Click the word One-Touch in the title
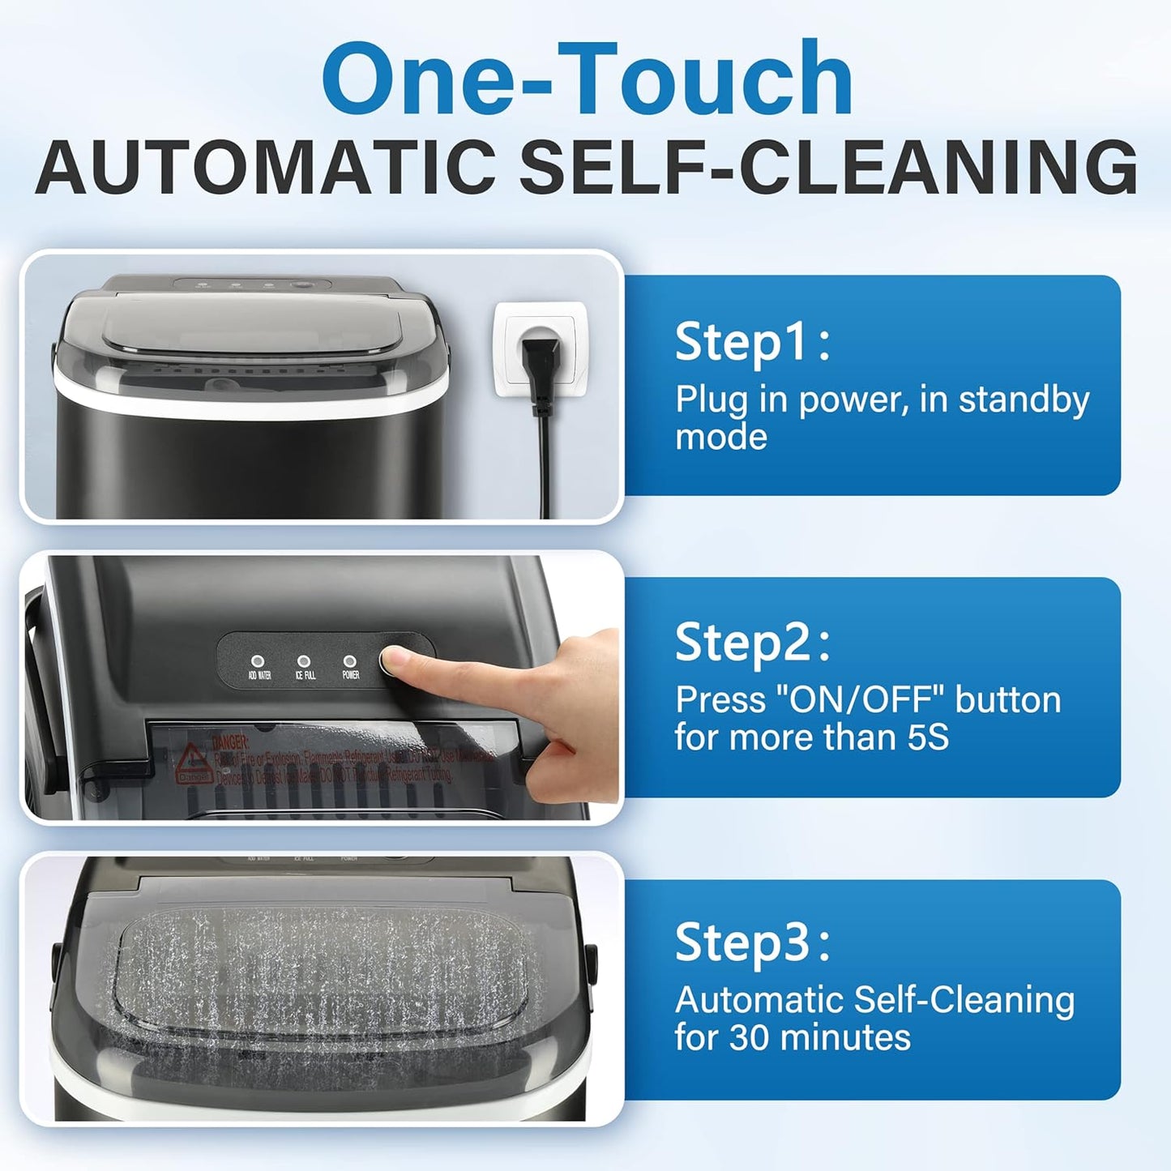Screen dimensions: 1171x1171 point(587,79)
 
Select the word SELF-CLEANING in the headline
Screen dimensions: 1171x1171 point(828,167)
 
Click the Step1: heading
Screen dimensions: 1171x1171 point(752,341)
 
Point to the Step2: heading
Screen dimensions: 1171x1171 point(752,643)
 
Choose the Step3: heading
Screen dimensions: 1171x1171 point(752,942)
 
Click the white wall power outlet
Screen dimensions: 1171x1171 point(541,349)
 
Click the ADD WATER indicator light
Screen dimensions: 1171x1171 point(259,661)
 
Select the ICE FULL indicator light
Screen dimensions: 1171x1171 point(304,661)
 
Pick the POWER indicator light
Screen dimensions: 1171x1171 point(350,661)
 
